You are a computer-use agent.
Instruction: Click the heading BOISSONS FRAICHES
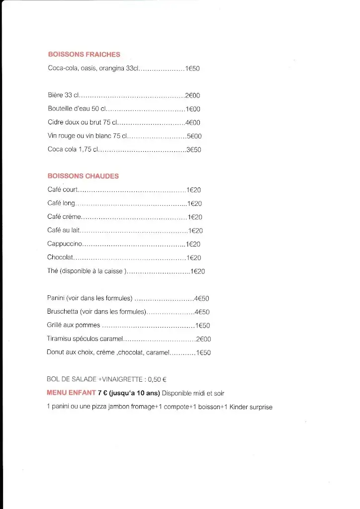pyautogui.click(x=84, y=55)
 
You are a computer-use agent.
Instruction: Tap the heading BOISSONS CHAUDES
pyautogui.click(x=83, y=176)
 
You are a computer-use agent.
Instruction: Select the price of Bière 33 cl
pyautogui.click(x=192, y=95)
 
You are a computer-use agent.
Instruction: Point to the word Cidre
pyautogui.click(x=56, y=123)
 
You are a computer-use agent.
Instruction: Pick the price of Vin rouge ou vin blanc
pyautogui.click(x=194, y=136)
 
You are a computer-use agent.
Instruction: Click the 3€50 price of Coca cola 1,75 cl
pyautogui.click(x=193, y=150)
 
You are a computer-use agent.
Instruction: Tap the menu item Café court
pyautogui.click(x=63, y=190)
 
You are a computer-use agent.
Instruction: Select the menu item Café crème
pyautogui.click(x=64, y=217)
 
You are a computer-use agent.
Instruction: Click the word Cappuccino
pyautogui.click(x=65, y=244)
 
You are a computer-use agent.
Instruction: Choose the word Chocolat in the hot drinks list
pyautogui.click(x=60, y=257)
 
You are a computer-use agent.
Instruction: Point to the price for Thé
pyautogui.click(x=198, y=271)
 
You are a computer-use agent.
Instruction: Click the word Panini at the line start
pyautogui.click(x=55, y=299)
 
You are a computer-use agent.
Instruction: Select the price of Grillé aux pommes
pyautogui.click(x=202, y=326)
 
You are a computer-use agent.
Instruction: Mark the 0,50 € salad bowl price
pyautogui.click(x=157, y=379)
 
